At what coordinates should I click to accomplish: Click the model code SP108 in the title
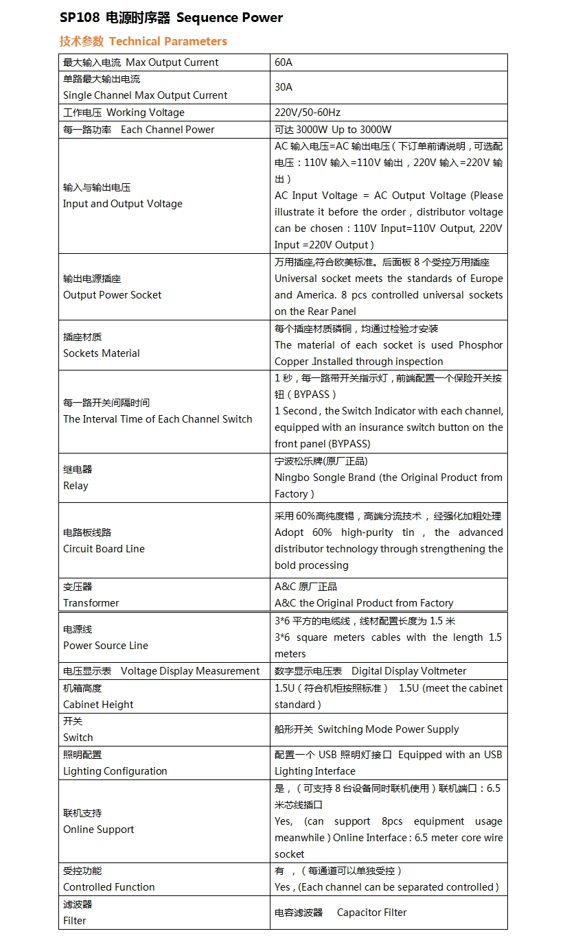(80, 18)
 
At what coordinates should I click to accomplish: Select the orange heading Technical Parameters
(168, 41)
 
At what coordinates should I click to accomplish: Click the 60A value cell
(284, 62)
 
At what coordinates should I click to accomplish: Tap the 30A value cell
(284, 87)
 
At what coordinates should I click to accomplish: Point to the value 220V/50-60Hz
(308, 113)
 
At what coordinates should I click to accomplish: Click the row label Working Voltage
(145, 113)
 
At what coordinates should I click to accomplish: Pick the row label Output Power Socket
(113, 295)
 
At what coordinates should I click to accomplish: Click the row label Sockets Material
(102, 353)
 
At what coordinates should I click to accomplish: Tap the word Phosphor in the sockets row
(481, 345)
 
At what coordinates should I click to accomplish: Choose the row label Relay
(76, 486)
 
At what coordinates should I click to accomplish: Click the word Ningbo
(292, 478)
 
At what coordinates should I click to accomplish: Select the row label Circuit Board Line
(104, 549)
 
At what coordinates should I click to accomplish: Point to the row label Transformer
(91, 603)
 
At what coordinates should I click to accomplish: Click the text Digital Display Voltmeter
(408, 671)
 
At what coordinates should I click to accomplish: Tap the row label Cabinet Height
(98, 705)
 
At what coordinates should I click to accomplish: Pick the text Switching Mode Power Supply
(388, 729)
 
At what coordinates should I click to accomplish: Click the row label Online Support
(99, 830)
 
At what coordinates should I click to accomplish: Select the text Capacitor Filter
(371, 913)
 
